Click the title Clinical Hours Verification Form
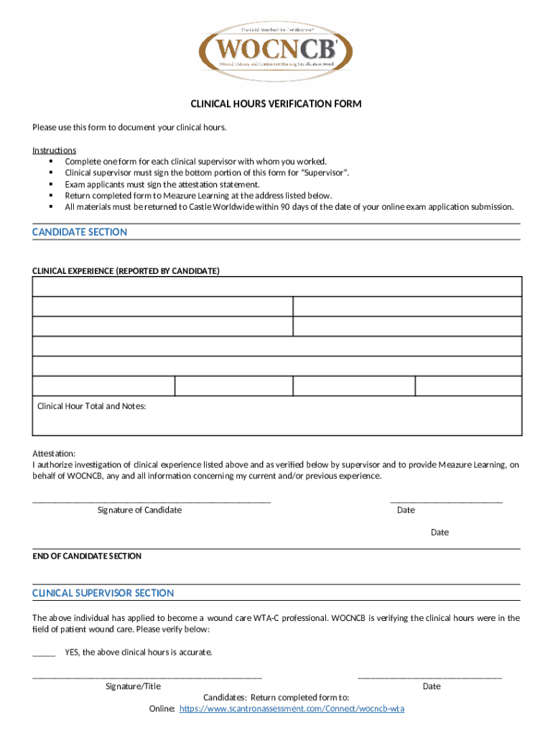pos(276,104)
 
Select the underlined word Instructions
pos(54,150)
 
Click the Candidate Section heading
pos(80,232)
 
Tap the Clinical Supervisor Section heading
pos(103,593)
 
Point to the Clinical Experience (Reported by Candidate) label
pos(126,271)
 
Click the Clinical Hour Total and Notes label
pos(91,406)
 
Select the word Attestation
pos(53,454)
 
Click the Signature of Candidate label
pos(139,510)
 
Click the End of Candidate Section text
pos(87,556)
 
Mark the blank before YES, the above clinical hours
pos(44,654)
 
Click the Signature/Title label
pos(133,686)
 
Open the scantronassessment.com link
pos(292,709)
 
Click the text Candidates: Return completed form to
pos(276,697)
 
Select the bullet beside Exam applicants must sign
pos(51,184)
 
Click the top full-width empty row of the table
pos(276,287)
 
